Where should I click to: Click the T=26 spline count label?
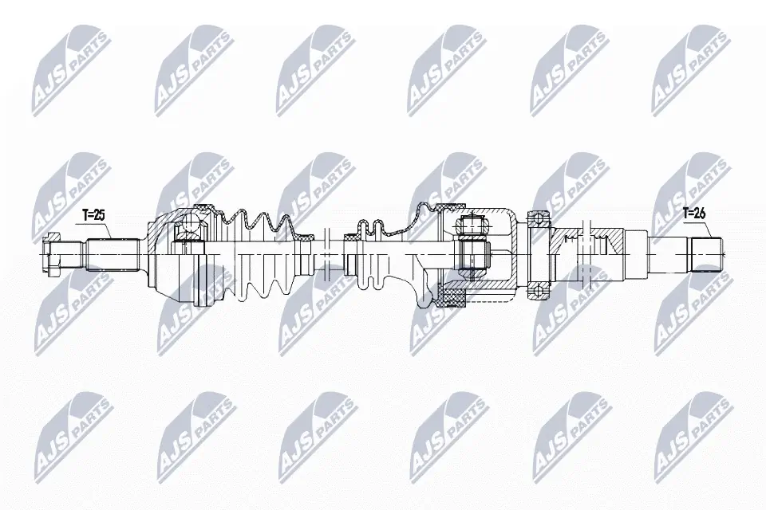[695, 213]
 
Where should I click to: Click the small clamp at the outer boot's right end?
[305, 237]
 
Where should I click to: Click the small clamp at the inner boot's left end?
[352, 237]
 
